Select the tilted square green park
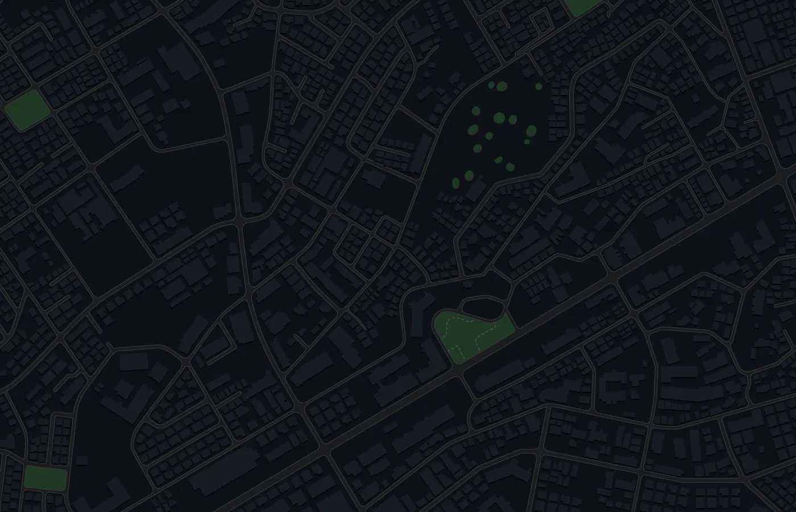click(x=26, y=110)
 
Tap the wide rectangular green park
click(x=45, y=478)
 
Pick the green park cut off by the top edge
click(x=582, y=6)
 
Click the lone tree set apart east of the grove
click(x=538, y=86)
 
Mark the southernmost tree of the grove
click(x=455, y=183)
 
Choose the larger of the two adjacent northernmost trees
click(x=501, y=86)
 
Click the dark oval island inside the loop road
click(x=483, y=307)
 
